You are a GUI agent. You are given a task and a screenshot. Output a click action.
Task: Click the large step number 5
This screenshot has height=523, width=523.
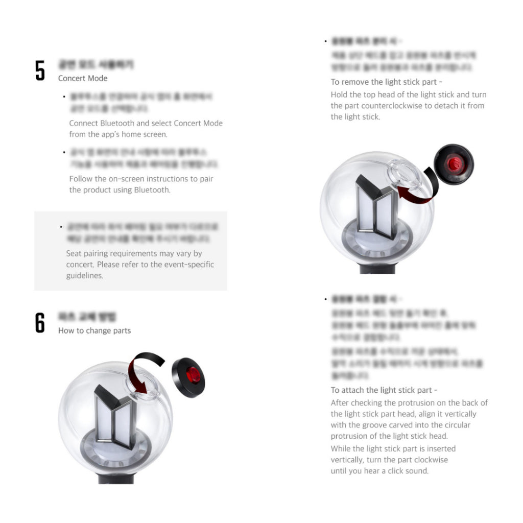(40, 70)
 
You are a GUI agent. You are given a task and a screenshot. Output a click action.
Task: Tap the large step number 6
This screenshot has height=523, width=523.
(40, 323)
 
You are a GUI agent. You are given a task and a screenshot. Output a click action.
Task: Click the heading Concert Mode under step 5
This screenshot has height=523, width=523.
(83, 78)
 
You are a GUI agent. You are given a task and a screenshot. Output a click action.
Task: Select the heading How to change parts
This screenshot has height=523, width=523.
(94, 330)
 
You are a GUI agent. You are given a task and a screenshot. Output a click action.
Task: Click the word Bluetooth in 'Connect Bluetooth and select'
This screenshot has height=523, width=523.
(117, 123)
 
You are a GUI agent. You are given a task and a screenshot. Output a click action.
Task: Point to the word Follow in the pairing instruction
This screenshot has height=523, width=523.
(81, 179)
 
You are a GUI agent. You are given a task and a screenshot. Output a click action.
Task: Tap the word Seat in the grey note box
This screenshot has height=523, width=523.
(75, 253)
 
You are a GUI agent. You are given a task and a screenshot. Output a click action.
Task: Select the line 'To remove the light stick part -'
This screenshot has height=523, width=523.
(387, 82)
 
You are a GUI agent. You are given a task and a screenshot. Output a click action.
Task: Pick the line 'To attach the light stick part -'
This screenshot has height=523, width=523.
(384, 390)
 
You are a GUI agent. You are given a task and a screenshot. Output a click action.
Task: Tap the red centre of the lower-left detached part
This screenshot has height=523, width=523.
(193, 376)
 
